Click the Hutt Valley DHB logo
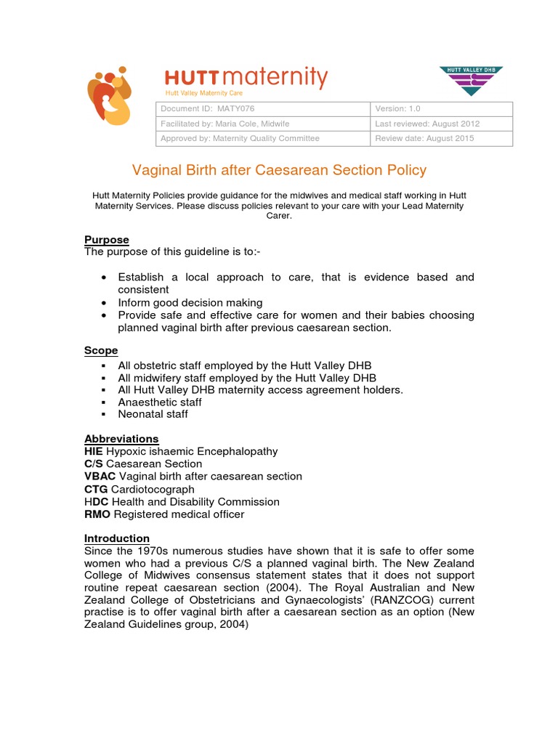pos(471,81)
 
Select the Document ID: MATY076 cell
pos(263,109)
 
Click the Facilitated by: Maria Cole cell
pos(263,124)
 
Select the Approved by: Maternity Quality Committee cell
pos(263,138)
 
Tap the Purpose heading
pos(107,240)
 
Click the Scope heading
pos(101,350)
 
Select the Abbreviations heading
pos(121,439)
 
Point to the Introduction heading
pos(117,538)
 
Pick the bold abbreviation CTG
pos(97,489)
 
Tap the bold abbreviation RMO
pos(98,514)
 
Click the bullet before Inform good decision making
pos(105,302)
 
